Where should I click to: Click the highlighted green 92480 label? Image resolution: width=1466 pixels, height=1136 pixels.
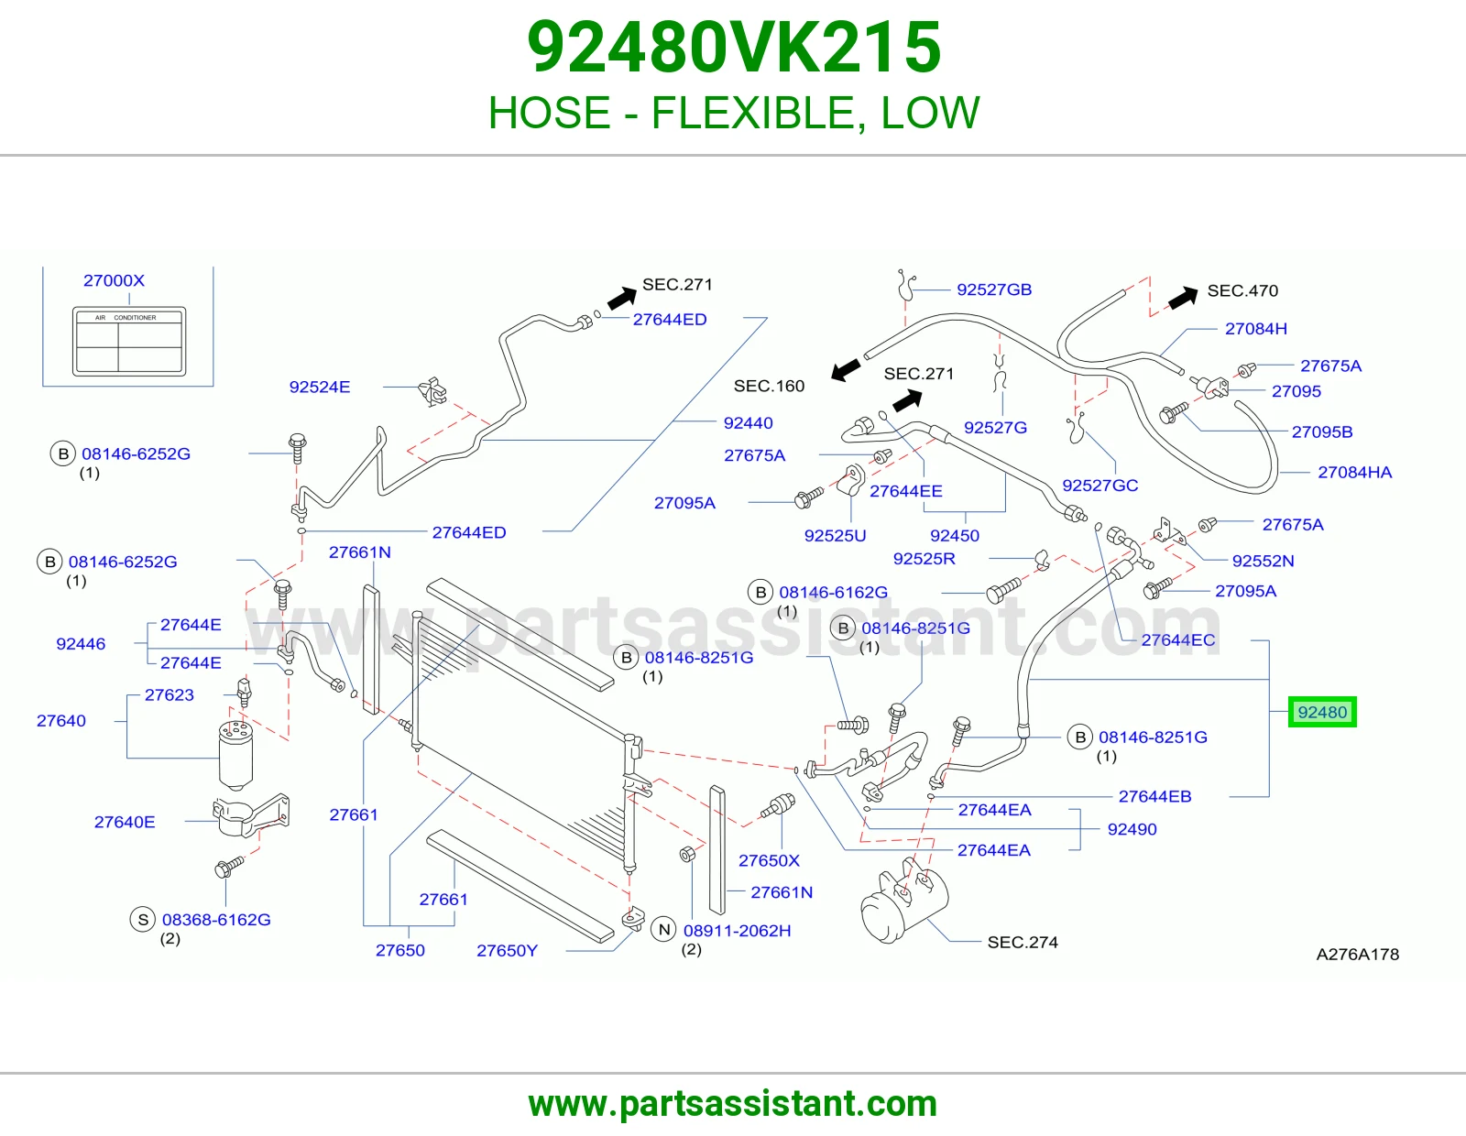pos(1321,712)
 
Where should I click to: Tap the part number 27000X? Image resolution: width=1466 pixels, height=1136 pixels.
pos(114,280)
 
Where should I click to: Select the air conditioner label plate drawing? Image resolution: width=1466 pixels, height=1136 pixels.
pos(129,342)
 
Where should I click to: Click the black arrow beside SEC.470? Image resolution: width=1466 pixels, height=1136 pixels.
pos(1183,298)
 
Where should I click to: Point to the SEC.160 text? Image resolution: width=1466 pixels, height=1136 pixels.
pos(769,386)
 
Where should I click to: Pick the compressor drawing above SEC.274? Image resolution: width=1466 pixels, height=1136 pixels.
pos(904,900)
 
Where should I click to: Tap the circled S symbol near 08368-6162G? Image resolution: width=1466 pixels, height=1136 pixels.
pos(142,920)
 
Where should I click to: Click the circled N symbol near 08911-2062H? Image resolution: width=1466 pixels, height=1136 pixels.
pos(664,930)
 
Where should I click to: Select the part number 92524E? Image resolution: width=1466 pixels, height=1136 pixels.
pos(320,388)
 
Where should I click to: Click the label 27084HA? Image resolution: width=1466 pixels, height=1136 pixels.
pos(1355,472)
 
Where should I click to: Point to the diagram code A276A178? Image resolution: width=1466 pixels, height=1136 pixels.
pos(1357,954)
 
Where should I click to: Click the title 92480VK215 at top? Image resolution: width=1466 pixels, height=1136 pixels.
pos(733,47)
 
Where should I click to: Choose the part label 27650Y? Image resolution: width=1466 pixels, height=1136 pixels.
pos(508,951)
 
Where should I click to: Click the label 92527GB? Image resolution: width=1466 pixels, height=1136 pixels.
pos(994,289)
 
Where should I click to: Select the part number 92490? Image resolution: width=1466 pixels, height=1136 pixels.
pos(1132,829)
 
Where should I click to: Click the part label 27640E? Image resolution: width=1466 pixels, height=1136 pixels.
pos(125,822)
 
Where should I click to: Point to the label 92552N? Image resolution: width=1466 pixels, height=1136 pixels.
pos(1263,561)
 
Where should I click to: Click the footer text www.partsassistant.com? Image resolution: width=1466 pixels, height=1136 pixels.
pos(733,1104)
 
